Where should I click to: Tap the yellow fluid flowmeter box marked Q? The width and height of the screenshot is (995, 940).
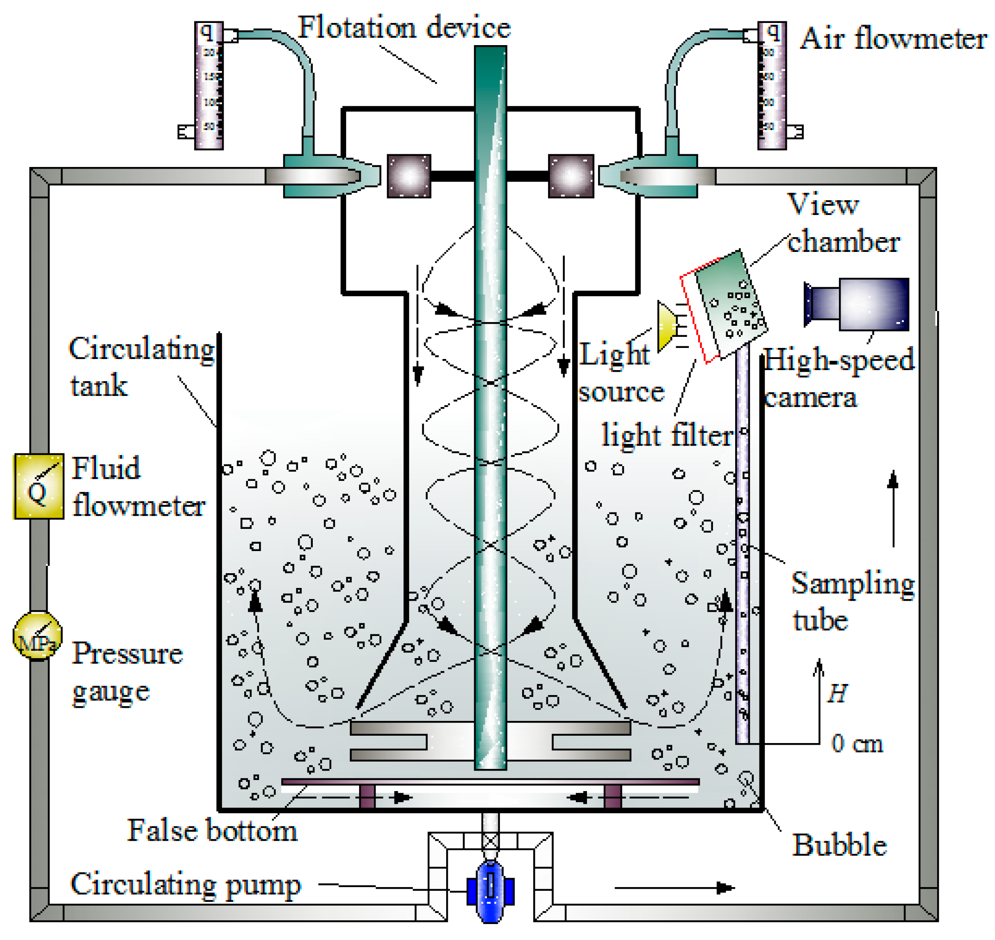pos(39,486)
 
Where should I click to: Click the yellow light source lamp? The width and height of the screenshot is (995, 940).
pos(667,326)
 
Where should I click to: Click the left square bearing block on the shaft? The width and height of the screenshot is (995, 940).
pos(408,176)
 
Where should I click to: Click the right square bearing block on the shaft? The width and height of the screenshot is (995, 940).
pos(571,176)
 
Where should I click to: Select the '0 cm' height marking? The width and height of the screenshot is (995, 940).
pos(856,743)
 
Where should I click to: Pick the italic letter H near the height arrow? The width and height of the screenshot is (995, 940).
pos(837,693)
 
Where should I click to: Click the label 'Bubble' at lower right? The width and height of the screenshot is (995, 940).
pos(839,845)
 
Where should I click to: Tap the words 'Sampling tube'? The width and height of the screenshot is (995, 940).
pos(852,601)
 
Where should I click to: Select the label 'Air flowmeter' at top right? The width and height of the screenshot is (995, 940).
pos(893,39)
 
